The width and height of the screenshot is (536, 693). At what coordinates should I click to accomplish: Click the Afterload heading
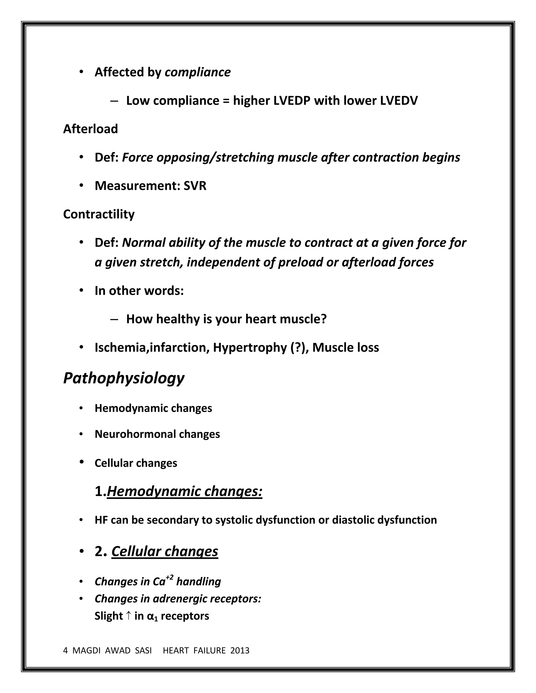91,129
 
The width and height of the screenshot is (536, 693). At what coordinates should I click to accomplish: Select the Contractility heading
99,214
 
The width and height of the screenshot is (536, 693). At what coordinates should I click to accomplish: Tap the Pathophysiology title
124,378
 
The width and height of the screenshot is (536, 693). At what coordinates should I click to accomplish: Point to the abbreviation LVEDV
399,101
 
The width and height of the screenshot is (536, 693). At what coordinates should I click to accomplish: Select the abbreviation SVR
195,186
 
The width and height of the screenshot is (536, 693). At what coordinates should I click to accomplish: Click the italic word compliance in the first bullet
198,72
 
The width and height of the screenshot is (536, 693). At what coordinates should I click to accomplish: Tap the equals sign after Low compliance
226,101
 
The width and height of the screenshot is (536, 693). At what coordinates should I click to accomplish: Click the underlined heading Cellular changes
164,552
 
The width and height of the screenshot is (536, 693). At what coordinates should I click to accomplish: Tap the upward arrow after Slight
128,616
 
